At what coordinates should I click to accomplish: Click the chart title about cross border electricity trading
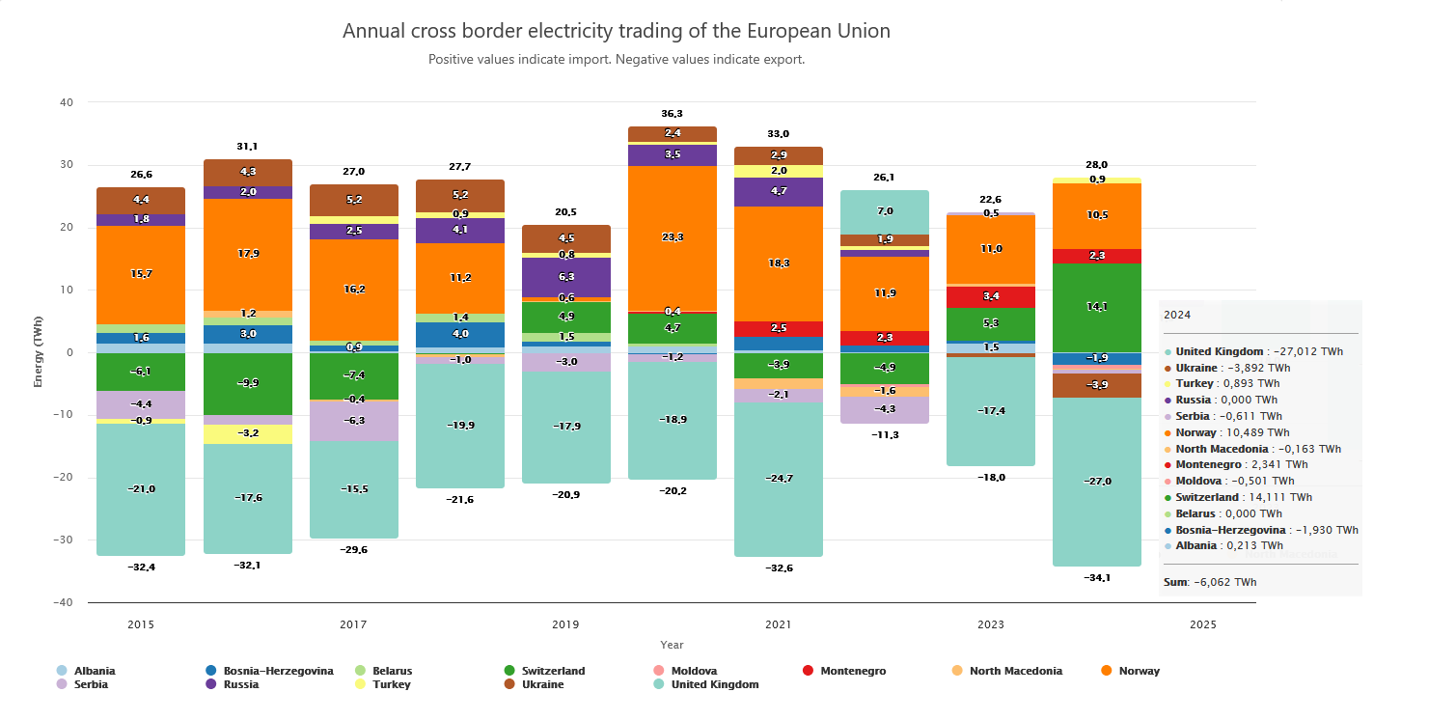click(616, 31)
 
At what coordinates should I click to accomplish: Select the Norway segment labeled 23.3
click(673, 237)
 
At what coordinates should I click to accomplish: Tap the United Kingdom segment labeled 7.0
click(885, 211)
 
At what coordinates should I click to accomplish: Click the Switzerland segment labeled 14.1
click(1097, 307)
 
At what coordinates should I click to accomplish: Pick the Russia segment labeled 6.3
click(566, 277)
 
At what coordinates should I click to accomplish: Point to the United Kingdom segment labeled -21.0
click(141, 489)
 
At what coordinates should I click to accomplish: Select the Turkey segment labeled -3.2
click(248, 433)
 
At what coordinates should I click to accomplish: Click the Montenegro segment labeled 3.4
click(991, 296)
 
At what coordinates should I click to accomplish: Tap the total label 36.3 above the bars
click(673, 114)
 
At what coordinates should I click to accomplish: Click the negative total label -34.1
click(1097, 578)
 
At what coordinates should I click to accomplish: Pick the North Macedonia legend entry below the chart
click(1015, 671)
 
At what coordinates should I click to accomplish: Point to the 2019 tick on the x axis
click(565, 624)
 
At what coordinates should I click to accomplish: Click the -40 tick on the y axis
click(66, 602)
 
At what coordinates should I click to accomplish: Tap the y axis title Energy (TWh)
click(39, 351)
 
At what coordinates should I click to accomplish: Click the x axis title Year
click(672, 645)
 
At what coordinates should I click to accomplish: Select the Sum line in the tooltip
click(1210, 582)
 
